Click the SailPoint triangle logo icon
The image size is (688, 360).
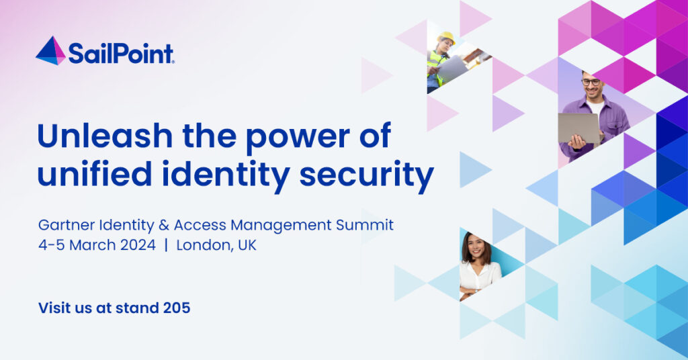(50, 51)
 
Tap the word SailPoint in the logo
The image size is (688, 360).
(121, 54)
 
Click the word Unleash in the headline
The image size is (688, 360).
(105, 136)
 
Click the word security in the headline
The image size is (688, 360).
(367, 176)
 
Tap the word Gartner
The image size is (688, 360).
(67, 226)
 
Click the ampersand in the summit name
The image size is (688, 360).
(164, 226)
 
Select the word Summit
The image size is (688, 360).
(365, 226)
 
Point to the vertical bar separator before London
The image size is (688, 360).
(166, 245)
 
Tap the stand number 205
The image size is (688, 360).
(177, 308)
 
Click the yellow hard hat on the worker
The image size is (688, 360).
(447, 37)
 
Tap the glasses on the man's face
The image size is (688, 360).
(592, 82)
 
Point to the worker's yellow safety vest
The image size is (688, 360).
(436, 65)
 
